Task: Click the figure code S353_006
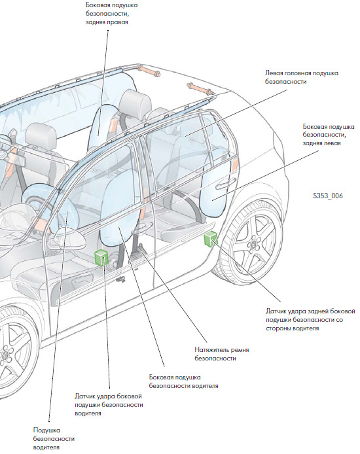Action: [327, 196]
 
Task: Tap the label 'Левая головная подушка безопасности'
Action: [302, 77]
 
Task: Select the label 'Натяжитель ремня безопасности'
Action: [221, 354]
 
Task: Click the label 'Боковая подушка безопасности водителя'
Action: [184, 381]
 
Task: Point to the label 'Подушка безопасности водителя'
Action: [54, 438]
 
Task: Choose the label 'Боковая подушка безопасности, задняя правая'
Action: [111, 14]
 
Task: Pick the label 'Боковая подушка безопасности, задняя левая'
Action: [329, 135]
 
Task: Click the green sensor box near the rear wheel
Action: [210, 239]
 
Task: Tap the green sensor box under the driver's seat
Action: [101, 257]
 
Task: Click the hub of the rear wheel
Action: [253, 245]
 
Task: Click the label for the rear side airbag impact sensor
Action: [310, 320]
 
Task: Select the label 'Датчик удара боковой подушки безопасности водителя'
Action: [109, 404]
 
